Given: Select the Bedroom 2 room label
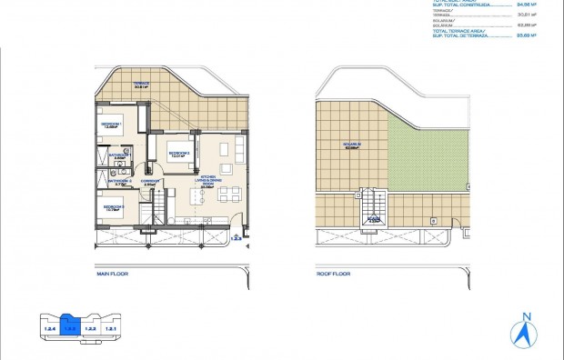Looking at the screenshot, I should (178, 155).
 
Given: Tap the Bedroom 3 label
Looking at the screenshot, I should (114, 208).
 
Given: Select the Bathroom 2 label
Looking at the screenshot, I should (119, 182).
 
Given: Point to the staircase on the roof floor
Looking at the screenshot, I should (372, 204).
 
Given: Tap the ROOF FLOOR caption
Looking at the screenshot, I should (333, 272).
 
